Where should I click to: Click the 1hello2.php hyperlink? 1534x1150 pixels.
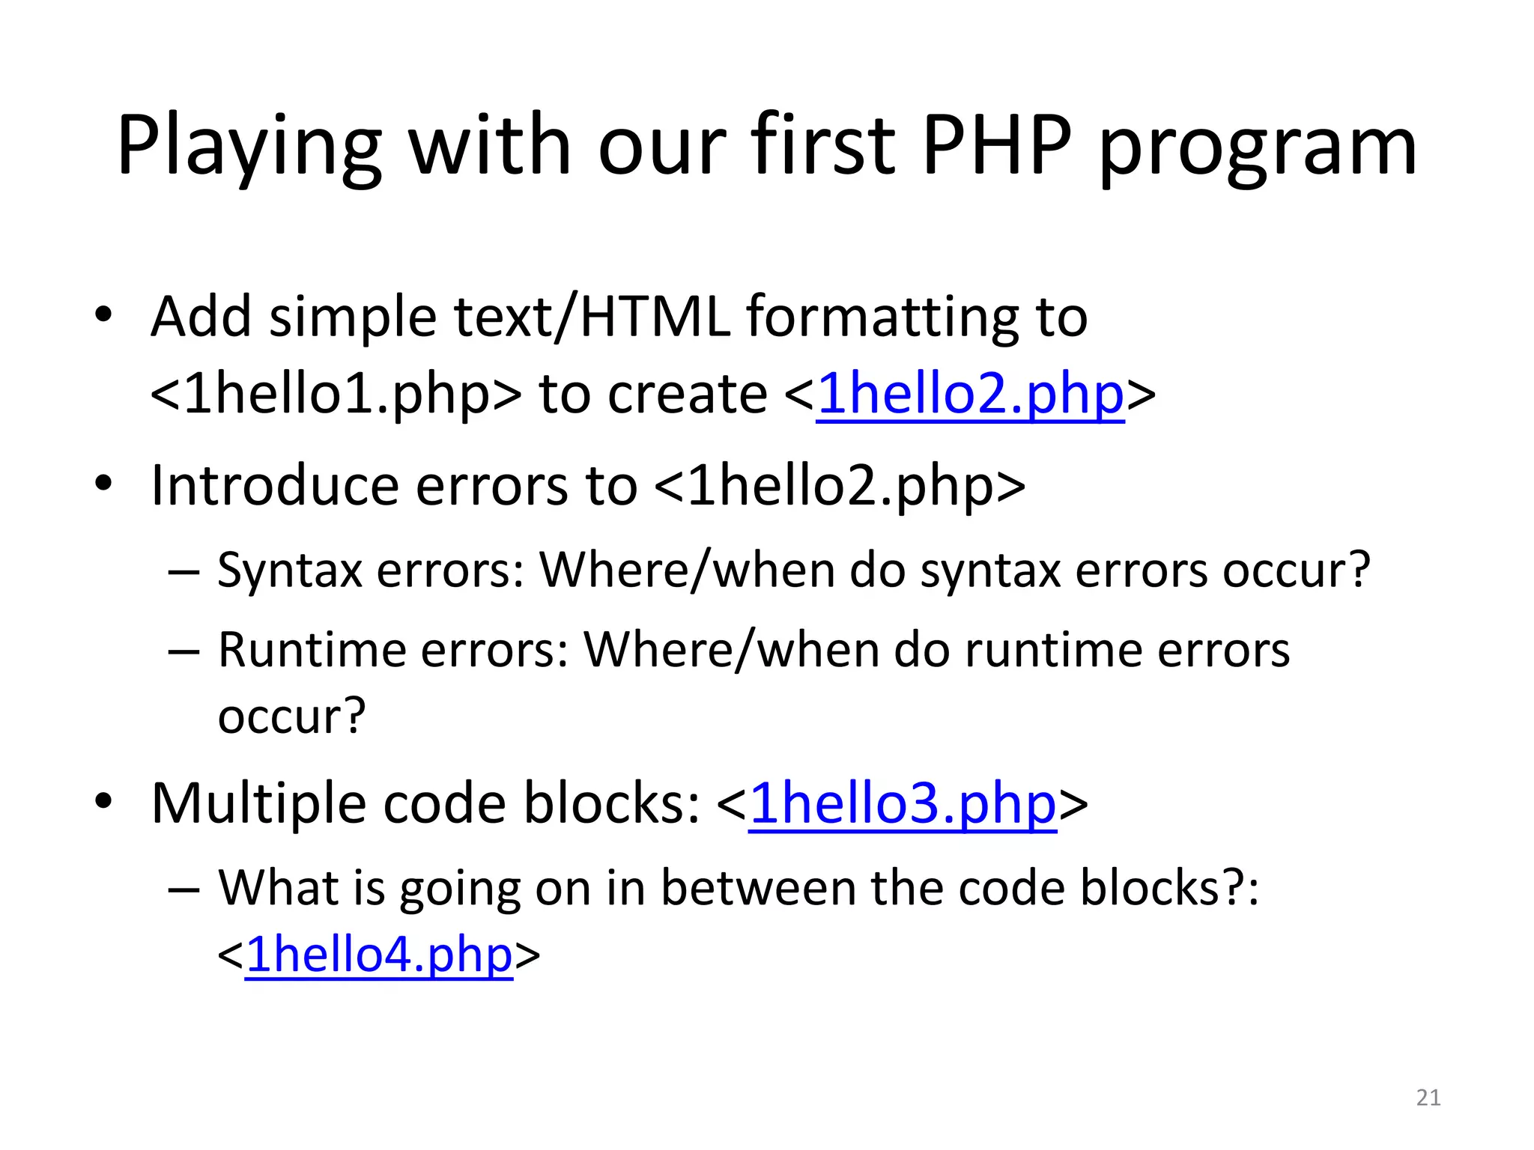[971, 395]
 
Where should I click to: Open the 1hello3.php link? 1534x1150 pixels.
[903, 804]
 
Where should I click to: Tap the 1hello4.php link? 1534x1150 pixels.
[379, 955]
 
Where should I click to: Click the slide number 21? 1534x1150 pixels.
[1428, 1098]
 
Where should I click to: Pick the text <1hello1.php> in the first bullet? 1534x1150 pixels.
[335, 395]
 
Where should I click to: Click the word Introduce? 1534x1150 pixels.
[273, 486]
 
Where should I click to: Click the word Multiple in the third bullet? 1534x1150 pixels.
[258, 804]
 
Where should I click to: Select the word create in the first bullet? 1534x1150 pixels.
[687, 395]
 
